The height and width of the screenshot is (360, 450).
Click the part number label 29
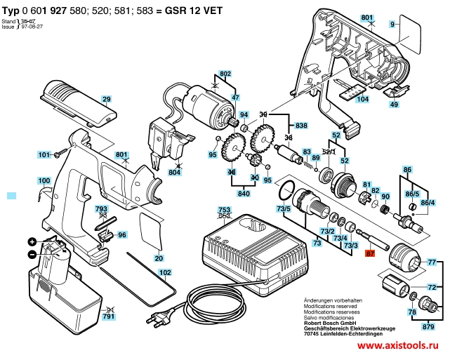point(107,99)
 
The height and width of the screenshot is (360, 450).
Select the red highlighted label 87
point(371,255)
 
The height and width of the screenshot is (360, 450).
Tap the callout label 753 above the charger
point(224,211)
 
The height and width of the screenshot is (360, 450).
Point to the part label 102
point(164,272)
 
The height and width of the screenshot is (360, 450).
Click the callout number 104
point(362,100)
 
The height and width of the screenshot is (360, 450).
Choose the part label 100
point(44,180)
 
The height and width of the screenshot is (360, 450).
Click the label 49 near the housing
point(395,105)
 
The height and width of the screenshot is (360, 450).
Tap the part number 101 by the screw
point(44,154)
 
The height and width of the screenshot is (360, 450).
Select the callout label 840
point(244,192)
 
